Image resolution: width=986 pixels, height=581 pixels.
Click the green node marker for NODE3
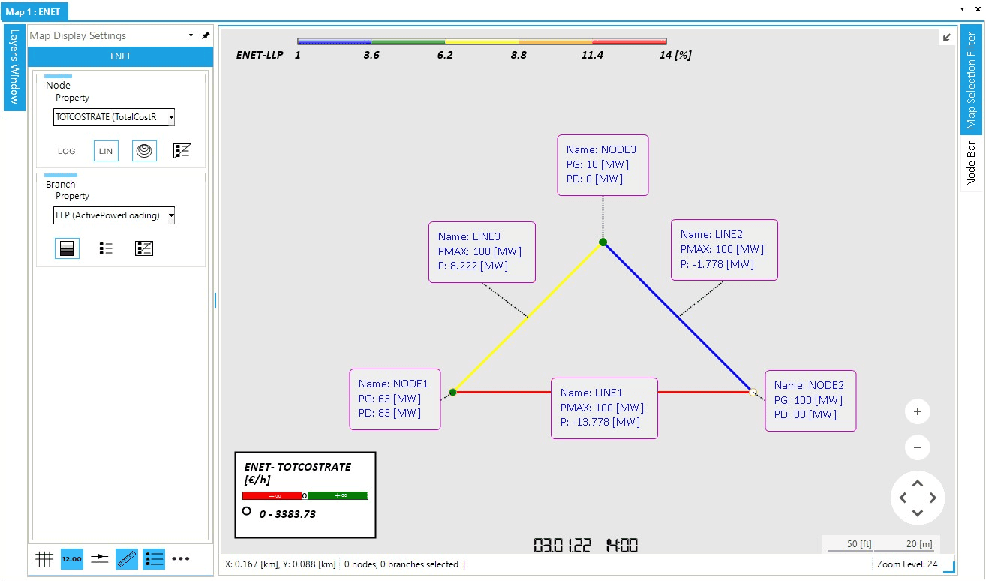point(603,242)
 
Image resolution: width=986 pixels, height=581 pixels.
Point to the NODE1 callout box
point(395,399)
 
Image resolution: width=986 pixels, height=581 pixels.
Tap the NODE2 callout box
point(810,400)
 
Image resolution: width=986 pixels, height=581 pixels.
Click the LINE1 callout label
point(604,408)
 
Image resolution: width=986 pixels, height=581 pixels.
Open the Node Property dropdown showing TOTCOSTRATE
point(114,117)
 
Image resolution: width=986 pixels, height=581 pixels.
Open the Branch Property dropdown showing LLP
point(114,216)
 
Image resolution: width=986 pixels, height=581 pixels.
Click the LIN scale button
point(106,151)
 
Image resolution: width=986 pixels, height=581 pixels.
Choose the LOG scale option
point(67,151)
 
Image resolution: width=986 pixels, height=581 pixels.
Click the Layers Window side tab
point(14,68)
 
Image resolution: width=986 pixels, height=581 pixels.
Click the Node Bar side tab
point(971,163)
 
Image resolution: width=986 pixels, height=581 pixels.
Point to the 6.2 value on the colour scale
point(445,55)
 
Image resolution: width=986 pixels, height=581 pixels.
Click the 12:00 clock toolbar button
point(72,559)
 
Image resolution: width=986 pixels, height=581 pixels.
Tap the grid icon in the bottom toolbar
point(44,559)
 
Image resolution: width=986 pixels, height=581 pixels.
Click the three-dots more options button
point(181,559)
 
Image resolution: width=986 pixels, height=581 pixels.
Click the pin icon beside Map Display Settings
point(206,35)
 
